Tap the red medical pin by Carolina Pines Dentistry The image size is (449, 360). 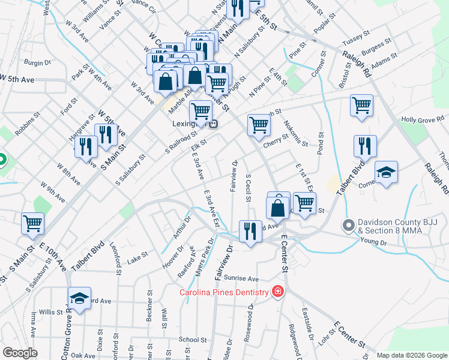click(x=277, y=292)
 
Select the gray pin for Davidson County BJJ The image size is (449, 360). click(x=348, y=226)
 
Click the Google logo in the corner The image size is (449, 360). click(x=20, y=353)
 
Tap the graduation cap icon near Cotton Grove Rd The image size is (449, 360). click(x=79, y=298)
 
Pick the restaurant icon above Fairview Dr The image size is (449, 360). click(x=250, y=230)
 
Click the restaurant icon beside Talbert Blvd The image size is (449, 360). click(x=364, y=145)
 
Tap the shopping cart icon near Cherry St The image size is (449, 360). click(x=259, y=124)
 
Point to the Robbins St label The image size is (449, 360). click(x=28, y=122)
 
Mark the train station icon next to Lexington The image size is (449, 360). click(x=213, y=124)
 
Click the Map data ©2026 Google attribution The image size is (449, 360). click(x=412, y=355)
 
